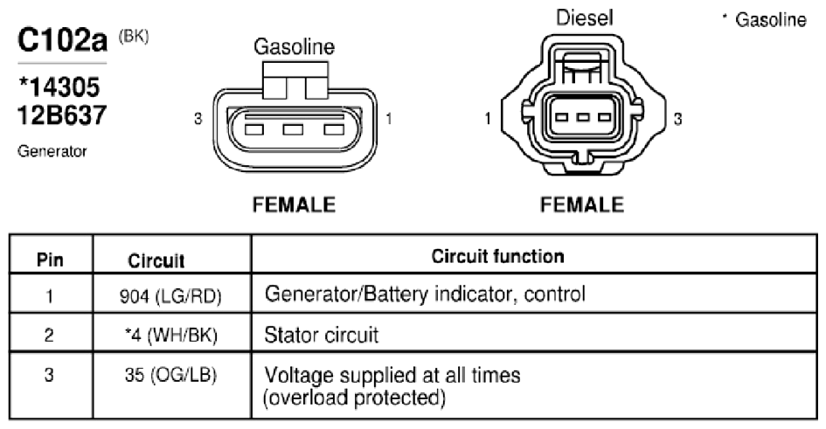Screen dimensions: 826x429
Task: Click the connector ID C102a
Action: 62,40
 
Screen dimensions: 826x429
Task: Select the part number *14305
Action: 59,86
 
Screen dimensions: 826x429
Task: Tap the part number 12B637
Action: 62,115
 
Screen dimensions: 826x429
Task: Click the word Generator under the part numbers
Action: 52,151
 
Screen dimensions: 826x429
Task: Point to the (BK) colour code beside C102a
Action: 134,37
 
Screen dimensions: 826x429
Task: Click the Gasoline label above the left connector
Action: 294,46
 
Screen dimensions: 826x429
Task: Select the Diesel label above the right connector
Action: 585,17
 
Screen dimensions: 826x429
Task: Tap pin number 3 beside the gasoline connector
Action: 198,119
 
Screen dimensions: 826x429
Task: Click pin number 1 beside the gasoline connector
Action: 389,119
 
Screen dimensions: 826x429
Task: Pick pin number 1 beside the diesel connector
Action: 487,119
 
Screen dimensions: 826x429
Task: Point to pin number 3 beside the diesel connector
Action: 678,119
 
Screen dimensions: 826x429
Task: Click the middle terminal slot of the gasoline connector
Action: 293,129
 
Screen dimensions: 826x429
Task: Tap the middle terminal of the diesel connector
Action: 583,117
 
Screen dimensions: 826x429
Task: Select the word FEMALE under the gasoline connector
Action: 294,204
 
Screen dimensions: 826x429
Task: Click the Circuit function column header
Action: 498,256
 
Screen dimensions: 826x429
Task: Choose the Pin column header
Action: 50,260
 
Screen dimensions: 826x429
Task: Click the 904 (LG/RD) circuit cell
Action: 170,296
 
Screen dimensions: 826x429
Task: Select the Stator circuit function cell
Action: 322,335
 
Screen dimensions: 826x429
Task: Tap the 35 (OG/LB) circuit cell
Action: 170,375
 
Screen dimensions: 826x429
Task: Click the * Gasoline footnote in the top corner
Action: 764,19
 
